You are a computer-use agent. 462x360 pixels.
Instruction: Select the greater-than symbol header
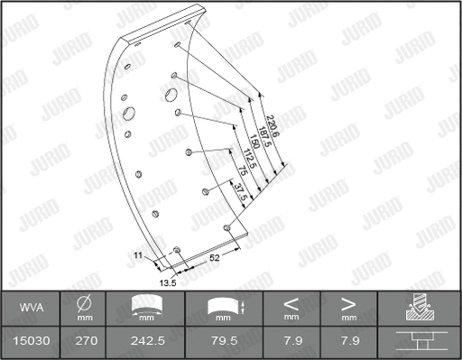(346, 304)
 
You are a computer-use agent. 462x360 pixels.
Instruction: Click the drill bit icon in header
(418, 308)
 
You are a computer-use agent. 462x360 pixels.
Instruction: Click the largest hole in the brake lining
(128, 114)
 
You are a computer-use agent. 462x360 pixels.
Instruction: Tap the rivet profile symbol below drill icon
(418, 342)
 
